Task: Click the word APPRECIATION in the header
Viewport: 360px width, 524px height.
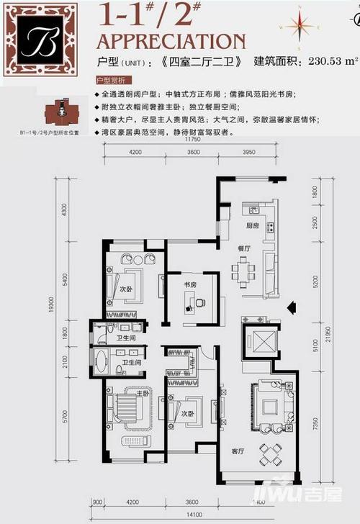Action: coord(171,40)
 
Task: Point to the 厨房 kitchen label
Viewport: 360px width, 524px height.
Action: coord(251,225)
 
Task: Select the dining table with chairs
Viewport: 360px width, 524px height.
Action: coord(243,273)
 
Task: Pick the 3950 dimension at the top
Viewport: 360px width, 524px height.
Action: coord(249,153)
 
